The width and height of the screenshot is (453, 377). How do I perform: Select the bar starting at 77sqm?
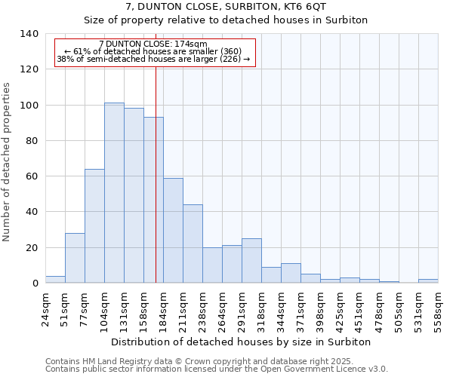pyautogui.click(x=94, y=226)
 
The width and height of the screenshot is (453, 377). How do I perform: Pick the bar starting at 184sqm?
pyautogui.click(x=173, y=230)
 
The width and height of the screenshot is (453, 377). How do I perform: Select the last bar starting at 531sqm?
pyautogui.click(x=428, y=280)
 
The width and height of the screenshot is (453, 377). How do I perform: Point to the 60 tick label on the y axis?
pyautogui.click(x=32, y=176)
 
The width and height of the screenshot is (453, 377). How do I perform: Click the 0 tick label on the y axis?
pyautogui.click(x=35, y=284)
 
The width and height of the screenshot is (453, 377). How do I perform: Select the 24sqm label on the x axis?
pyautogui.click(x=45, y=307)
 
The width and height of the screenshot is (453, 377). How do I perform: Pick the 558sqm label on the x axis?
pyautogui.click(x=438, y=307)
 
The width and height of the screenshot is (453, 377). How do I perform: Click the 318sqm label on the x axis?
pyautogui.click(x=261, y=307)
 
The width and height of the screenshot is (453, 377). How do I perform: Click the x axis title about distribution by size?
pyautogui.click(x=241, y=342)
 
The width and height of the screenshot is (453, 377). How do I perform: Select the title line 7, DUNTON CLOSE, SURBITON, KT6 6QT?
pyautogui.click(x=226, y=7)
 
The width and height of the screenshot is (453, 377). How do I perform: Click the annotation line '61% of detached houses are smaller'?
pyautogui.click(x=153, y=51)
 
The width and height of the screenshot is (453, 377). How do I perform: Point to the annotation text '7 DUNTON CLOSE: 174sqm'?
pyautogui.click(x=153, y=44)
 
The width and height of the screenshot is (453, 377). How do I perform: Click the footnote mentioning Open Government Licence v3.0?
pyautogui.click(x=216, y=369)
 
